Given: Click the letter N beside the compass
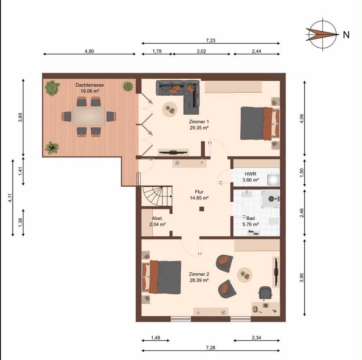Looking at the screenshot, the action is click(346, 35).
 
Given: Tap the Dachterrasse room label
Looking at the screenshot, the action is click(90, 85).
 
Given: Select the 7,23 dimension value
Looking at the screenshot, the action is click(210, 40).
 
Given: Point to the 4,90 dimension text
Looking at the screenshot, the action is click(89, 51).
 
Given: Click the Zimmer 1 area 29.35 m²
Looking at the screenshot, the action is click(199, 128).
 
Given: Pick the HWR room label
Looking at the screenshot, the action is click(250, 174).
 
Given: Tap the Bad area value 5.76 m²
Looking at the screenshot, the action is click(250, 224).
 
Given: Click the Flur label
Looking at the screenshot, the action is click(199, 192).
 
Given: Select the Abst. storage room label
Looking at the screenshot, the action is click(158, 218).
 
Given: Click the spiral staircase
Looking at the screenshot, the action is click(157, 196).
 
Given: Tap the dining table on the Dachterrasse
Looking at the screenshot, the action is click(89, 116).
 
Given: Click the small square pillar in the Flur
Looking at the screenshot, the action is click(202, 209).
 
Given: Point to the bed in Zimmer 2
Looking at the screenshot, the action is click(162, 277).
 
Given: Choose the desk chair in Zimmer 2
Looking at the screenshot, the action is click(265, 293).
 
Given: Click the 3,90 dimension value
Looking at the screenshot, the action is click(302, 277).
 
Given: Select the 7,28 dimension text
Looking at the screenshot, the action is click(210, 348).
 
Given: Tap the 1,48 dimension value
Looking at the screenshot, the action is click(156, 338).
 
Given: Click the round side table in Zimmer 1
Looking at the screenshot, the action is click(170, 109).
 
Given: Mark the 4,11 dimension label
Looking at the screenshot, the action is click(10, 198).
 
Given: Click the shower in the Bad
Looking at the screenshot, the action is click(271, 198).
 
